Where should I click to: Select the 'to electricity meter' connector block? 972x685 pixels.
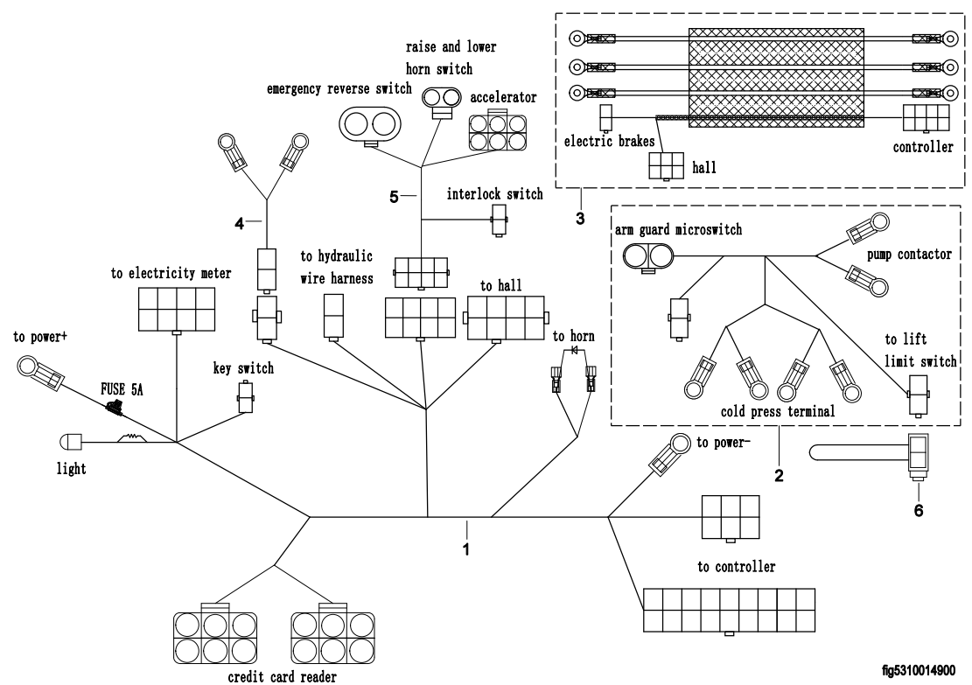(x=177, y=307)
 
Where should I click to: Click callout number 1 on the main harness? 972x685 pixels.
(x=467, y=550)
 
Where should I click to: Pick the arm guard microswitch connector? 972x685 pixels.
(x=647, y=257)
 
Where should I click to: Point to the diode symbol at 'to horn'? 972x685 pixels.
(x=575, y=351)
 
